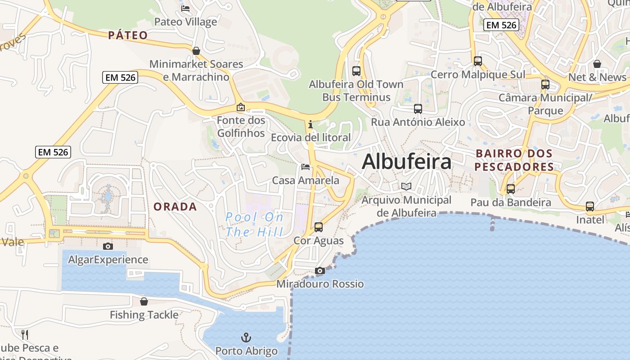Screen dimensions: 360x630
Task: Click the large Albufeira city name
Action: click(406, 162)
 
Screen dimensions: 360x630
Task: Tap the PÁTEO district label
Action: click(128, 35)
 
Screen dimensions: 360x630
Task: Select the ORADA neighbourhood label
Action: click(175, 207)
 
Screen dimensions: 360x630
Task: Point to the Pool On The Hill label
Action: click(255, 225)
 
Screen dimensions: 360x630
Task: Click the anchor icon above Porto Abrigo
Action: click(246, 337)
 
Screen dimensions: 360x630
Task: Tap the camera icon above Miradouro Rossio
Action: click(320, 270)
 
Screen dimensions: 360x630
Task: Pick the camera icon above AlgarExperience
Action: click(108, 246)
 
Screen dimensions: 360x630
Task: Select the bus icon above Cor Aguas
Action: click(319, 227)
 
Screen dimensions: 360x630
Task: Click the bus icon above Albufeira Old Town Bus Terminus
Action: click(356, 71)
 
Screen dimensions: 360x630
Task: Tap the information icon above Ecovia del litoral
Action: click(310, 124)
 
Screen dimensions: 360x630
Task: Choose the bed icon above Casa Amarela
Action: click(306, 167)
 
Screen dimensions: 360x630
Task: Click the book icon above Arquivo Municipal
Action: click(406, 186)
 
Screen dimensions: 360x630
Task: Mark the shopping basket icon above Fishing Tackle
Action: click(144, 301)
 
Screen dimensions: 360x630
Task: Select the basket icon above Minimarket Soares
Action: click(196, 51)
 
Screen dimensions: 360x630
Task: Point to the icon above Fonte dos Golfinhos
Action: click(241, 107)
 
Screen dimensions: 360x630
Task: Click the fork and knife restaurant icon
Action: click(25, 334)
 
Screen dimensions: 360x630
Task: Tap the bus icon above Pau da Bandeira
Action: click(511, 189)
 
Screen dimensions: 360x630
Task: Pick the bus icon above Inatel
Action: click(590, 207)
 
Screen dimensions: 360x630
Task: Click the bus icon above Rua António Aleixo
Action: click(418, 108)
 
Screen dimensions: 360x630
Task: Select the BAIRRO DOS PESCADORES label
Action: click(514, 160)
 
